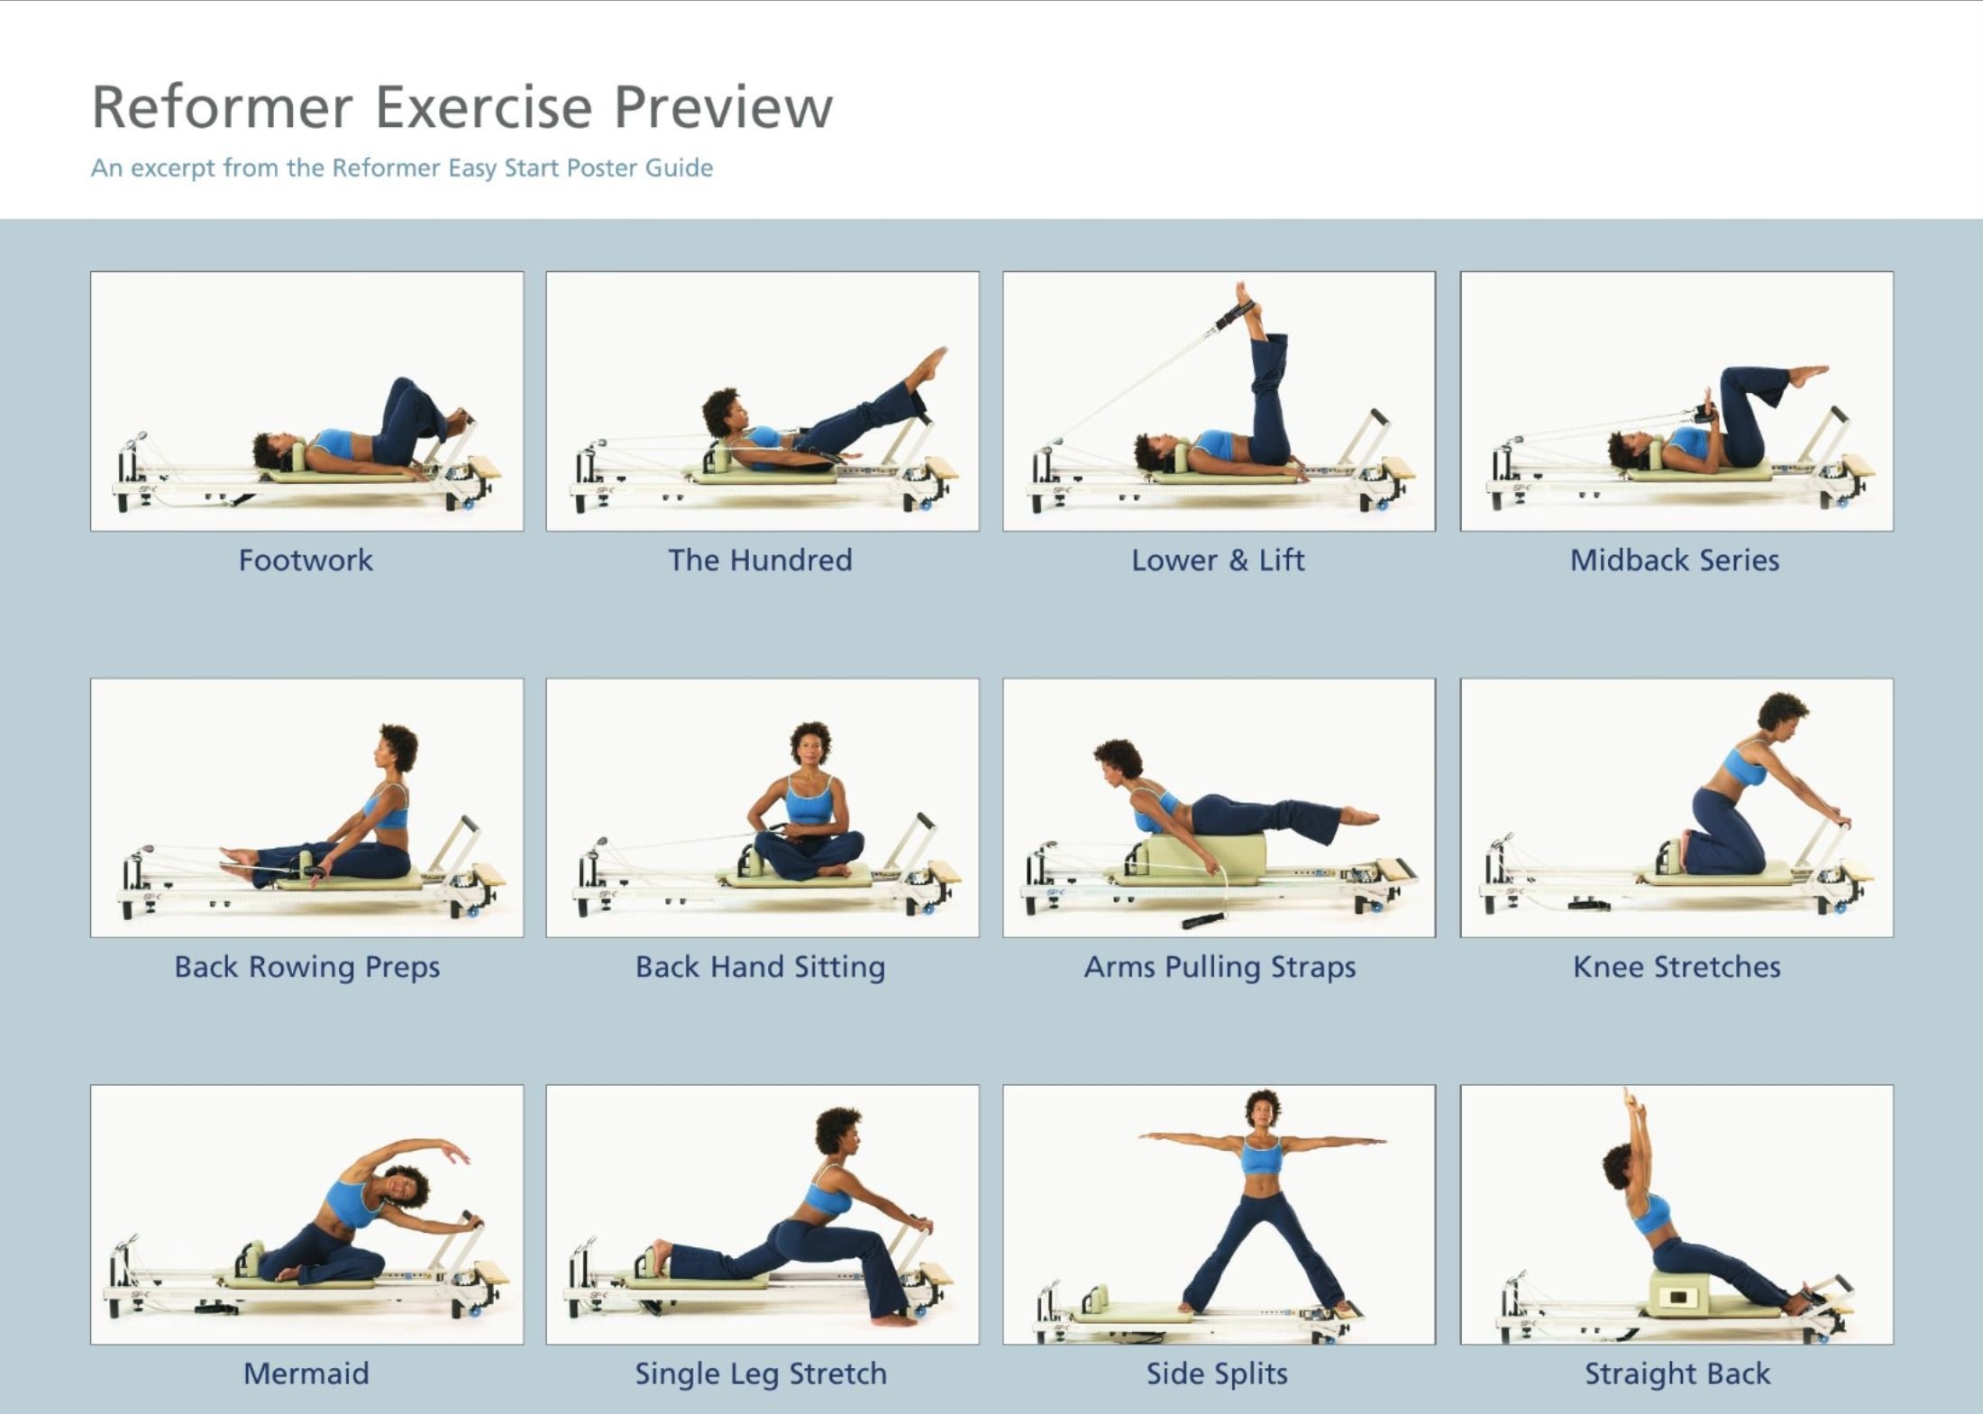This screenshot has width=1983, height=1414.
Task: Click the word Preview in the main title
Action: tap(723, 107)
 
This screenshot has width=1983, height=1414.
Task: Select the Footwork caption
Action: tap(306, 561)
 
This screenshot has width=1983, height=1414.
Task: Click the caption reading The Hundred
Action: tap(760, 561)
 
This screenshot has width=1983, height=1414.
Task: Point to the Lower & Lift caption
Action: tap(1218, 561)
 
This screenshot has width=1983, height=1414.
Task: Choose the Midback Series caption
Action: tap(1675, 561)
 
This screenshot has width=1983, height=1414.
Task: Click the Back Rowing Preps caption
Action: tap(306, 967)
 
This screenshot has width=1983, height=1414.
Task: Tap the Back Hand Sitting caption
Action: tap(760, 967)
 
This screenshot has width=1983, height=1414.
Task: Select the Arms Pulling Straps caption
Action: tap(1220, 967)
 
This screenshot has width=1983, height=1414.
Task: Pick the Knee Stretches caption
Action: tap(1677, 967)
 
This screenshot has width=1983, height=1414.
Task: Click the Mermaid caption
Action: tap(306, 1373)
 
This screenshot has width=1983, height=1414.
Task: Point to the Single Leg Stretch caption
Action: tap(761, 1373)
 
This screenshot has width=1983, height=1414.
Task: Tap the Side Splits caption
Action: tap(1217, 1373)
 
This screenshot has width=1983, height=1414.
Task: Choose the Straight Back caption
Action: tap(1677, 1373)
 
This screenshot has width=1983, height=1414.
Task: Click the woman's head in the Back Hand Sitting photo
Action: tap(810, 743)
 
